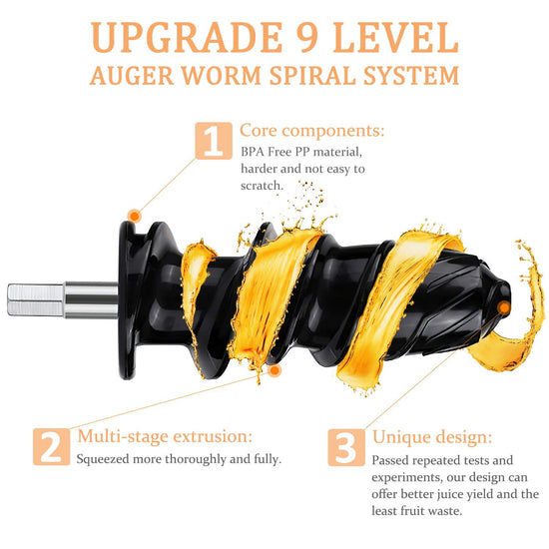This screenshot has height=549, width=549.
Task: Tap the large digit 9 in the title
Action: (307, 37)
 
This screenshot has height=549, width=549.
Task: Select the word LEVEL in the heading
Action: (395, 37)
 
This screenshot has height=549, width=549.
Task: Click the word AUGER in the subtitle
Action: (132, 75)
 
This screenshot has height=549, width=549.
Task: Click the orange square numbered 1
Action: (214, 141)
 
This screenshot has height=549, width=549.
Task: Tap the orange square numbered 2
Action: (52, 447)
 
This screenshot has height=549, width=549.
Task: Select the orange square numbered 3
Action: (346, 447)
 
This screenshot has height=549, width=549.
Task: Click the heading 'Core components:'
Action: (312, 131)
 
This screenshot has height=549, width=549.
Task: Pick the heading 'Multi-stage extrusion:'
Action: (165, 436)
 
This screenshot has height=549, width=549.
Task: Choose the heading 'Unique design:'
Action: (432, 437)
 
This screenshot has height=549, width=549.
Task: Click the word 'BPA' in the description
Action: (253, 152)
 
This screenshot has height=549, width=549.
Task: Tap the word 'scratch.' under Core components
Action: (262, 186)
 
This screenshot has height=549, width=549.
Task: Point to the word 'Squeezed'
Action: (103, 459)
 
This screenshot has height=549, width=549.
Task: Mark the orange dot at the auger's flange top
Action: (134, 216)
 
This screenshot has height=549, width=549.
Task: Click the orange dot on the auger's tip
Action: (504, 308)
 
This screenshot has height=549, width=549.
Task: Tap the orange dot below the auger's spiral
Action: (274, 370)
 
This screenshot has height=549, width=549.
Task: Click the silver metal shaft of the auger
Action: (63, 300)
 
